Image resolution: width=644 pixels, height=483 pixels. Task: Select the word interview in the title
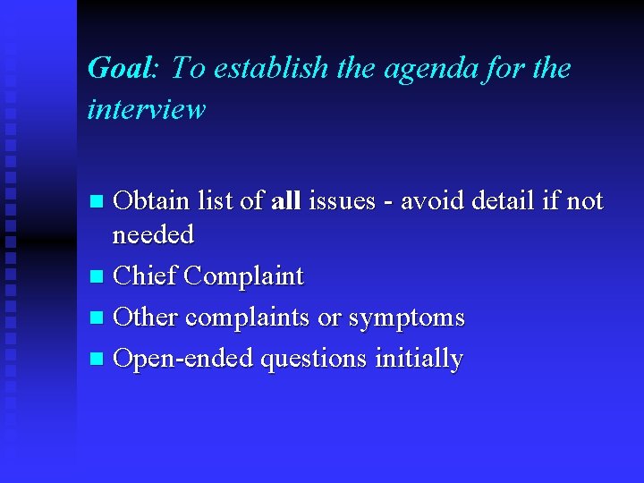point(147,109)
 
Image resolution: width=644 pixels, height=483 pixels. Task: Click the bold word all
point(284,201)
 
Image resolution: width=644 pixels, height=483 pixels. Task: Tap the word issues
point(342,201)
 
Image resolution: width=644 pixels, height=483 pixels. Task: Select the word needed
point(152,234)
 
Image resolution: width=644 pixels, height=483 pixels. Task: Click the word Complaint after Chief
point(243,276)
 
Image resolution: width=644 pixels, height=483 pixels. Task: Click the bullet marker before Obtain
point(99,202)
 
